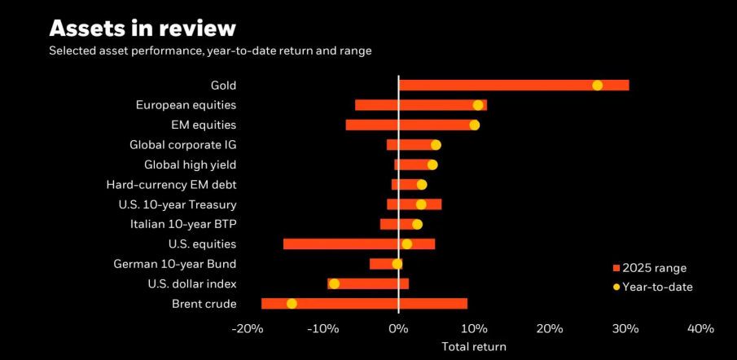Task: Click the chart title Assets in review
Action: click(143, 28)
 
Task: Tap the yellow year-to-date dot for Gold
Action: click(597, 86)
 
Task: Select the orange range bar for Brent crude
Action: click(364, 304)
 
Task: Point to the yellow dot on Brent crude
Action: click(292, 304)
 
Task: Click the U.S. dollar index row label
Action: click(192, 284)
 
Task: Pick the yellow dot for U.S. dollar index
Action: click(334, 284)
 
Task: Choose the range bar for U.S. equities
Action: click(358, 244)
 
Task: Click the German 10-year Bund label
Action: click(175, 264)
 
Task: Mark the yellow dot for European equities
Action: click(478, 105)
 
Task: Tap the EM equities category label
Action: click(204, 125)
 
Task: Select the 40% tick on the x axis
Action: click(700, 329)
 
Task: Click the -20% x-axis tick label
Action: click(247, 329)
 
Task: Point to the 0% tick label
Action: click(398, 329)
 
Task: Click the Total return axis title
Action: click(473, 347)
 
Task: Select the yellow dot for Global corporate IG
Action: click(436, 145)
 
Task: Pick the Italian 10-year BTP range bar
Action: click(399, 224)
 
